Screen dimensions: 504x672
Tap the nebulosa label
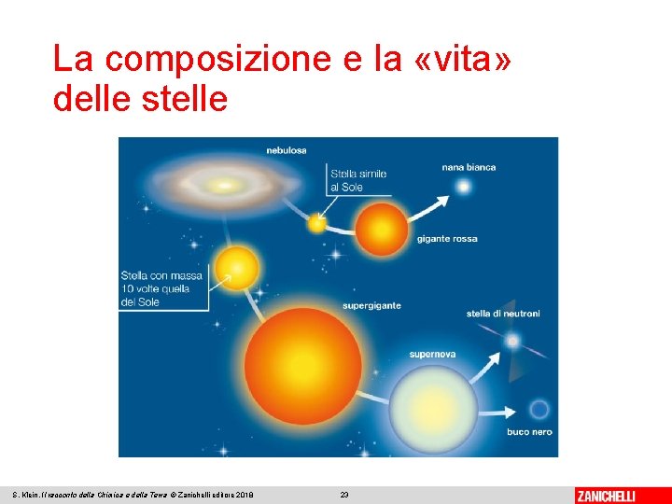(x=286, y=149)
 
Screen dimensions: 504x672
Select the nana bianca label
(x=469, y=168)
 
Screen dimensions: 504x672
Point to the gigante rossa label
(x=446, y=239)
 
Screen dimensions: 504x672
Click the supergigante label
(x=371, y=305)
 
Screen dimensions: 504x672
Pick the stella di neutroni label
(x=503, y=314)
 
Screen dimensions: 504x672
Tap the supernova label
(x=432, y=355)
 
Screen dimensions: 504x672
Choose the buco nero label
(x=529, y=432)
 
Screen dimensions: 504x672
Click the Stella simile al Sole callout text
(x=357, y=180)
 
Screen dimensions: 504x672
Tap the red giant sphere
(x=382, y=230)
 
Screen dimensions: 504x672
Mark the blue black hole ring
(x=539, y=409)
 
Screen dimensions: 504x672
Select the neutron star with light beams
(x=512, y=342)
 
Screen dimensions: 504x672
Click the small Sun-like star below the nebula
(x=318, y=224)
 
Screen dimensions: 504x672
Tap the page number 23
(x=343, y=495)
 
